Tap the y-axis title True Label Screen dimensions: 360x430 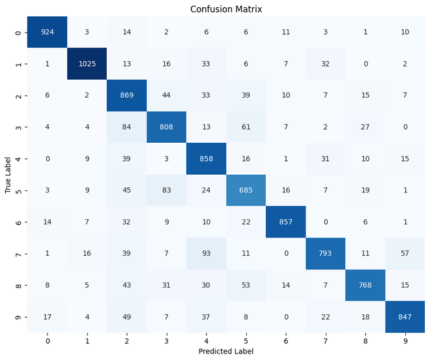pyautogui.click(x=8, y=174)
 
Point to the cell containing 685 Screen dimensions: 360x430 pyautogui.click(x=242, y=190)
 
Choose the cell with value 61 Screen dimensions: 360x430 pyautogui.click(x=242, y=126)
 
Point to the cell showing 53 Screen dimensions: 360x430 pyautogui.click(x=242, y=286)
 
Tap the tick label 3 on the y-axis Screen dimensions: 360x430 pyautogui.click(x=18, y=126)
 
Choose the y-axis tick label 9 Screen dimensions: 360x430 pyautogui.click(x=18, y=318)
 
